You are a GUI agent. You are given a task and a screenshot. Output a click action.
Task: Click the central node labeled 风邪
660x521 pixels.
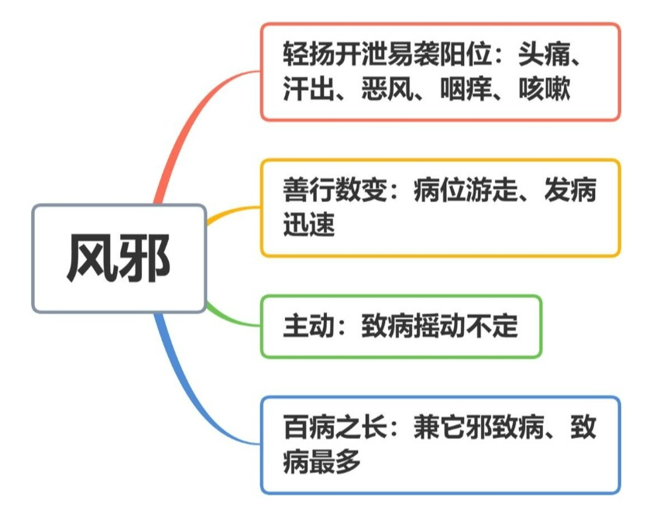click(119, 259)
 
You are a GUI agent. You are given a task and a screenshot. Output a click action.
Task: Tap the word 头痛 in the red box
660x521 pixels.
click(544, 54)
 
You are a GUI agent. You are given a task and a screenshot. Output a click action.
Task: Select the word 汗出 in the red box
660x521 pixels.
click(308, 88)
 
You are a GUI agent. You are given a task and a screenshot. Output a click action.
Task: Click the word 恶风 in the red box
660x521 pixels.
click(387, 88)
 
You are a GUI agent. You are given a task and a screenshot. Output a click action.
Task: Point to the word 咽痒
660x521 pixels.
click(466, 88)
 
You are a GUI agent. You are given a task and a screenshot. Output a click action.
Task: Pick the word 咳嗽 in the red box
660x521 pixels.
click(545, 88)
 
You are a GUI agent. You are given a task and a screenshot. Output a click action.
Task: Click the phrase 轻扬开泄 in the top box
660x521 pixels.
click(335, 54)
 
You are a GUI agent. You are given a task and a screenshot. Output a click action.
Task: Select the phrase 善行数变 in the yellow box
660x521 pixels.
click(335, 190)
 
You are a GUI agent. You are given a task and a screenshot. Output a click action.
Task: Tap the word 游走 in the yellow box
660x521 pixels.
click(492, 190)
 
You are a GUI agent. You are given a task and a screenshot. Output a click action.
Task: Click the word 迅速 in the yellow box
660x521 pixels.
click(308, 225)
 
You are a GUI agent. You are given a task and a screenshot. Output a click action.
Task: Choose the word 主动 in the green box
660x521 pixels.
click(308, 325)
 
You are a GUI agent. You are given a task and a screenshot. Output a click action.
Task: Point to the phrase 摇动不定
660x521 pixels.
click(466, 325)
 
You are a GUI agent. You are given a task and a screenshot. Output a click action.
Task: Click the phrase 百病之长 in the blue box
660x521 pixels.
click(335, 427)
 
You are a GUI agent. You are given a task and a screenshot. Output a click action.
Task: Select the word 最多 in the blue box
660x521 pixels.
click(335, 461)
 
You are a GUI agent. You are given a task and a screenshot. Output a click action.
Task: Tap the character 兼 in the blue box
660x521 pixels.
click(426, 427)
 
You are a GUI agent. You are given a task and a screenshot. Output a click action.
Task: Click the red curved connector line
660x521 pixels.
click(191, 122)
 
